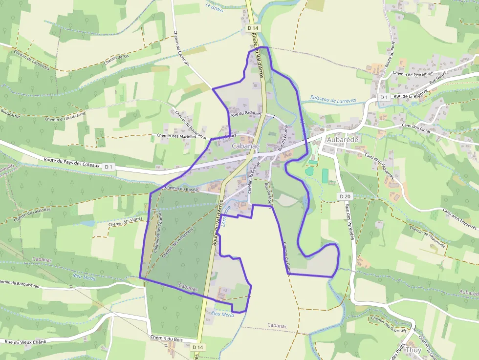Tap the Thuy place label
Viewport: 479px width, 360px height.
[x=413, y=350]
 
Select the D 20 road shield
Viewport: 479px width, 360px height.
[x=345, y=196]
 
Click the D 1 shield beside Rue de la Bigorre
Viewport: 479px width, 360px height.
[x=384, y=98]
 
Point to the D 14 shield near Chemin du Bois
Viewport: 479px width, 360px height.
[x=197, y=347]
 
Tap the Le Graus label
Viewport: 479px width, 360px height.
[x=214, y=7]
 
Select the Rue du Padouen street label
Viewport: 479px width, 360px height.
[x=247, y=115]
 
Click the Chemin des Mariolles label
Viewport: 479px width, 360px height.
[x=176, y=136]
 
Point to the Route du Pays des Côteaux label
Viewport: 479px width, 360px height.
[x=72, y=163]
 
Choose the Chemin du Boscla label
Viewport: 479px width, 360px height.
[x=182, y=188]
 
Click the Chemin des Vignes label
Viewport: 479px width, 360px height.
[x=126, y=220]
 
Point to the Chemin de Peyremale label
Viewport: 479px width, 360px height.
[x=413, y=74]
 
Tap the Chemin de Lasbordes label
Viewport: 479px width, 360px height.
[x=32, y=61]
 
